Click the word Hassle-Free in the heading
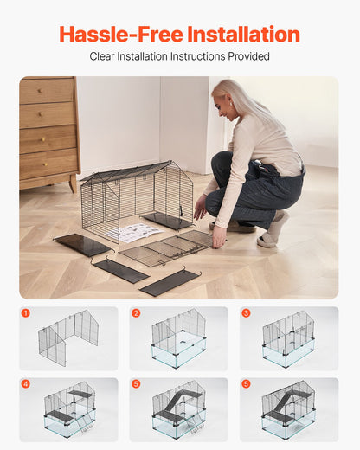pyautogui.click(x=121, y=35)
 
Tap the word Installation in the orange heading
pyautogui.click(x=243, y=35)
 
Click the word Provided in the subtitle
pyautogui.click(x=250, y=56)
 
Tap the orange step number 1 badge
pyautogui.click(x=26, y=313)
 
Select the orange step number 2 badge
pyautogui.click(x=136, y=313)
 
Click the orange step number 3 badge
pyautogui.click(x=246, y=313)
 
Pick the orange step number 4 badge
pyautogui.click(x=26, y=383)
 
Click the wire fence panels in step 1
pyautogui.click(x=68, y=337)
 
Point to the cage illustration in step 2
pyautogui.click(x=179, y=338)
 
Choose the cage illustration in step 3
pyautogui.click(x=289, y=338)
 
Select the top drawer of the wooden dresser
pyautogui.click(x=48, y=91)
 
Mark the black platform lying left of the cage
pyautogui.click(x=83, y=245)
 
